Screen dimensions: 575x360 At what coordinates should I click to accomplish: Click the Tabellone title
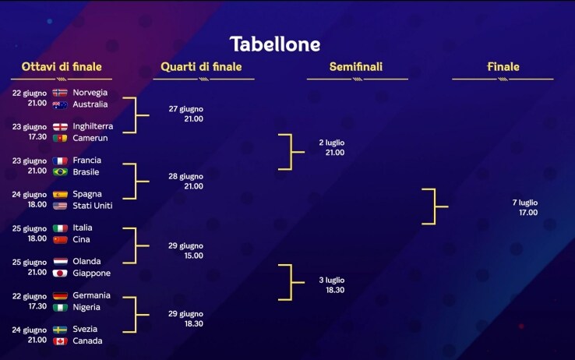[x=275, y=44]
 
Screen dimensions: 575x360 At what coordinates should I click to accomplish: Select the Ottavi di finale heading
[x=62, y=67]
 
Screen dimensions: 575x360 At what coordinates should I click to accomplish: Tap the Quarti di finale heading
[x=201, y=67]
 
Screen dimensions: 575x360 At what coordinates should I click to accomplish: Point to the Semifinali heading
[x=356, y=67]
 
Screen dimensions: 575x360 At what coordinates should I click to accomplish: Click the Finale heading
[x=503, y=67]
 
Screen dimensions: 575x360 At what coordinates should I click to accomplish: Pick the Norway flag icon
[x=60, y=93]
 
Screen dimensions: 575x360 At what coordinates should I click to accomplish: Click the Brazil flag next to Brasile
[x=60, y=172]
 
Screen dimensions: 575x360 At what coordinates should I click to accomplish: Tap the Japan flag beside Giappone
[x=60, y=273]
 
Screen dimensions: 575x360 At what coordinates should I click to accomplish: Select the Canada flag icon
[x=60, y=341]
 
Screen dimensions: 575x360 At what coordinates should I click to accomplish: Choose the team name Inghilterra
[x=93, y=126]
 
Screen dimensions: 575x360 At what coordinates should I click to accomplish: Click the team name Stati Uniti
[x=93, y=206]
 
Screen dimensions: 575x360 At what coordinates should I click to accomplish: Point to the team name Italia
[x=83, y=228]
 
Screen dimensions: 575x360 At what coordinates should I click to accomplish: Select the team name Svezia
[x=85, y=329]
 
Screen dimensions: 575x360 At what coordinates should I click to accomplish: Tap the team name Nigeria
[x=86, y=307]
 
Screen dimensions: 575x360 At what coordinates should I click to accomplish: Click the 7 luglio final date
[x=525, y=203]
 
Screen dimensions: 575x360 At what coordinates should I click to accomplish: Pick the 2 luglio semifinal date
[x=331, y=143]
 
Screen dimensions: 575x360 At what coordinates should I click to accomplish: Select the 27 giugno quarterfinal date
[x=186, y=109]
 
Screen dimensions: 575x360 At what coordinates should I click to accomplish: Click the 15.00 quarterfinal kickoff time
[x=194, y=256]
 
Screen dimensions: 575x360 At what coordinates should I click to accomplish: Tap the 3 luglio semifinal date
[x=331, y=280]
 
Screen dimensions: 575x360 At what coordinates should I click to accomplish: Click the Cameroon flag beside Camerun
[x=60, y=138]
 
